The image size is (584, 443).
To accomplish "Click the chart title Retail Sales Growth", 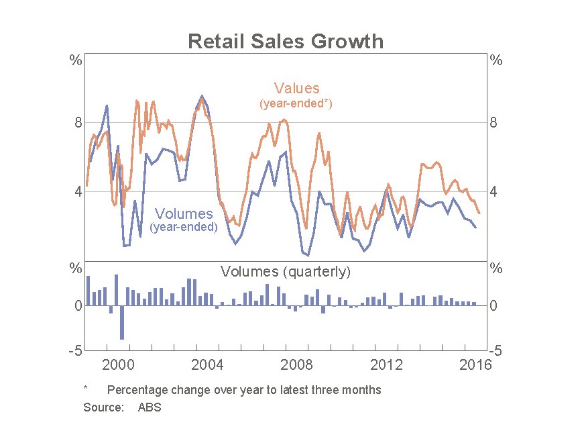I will coord(286,42).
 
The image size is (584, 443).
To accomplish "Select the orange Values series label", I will coord(296,88).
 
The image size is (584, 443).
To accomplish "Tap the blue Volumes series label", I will coord(184,214).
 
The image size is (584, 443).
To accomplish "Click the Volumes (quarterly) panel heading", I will coord(286,272).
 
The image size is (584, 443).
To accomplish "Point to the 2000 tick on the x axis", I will coord(119,364).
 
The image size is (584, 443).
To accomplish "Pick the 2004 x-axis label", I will coord(208,364).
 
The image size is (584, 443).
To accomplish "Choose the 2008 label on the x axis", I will coord(297,364).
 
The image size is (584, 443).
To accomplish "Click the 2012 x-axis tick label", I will coord(386,364).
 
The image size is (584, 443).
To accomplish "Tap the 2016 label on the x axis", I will coord(476,364).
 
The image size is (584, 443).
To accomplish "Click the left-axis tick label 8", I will coord(78,123).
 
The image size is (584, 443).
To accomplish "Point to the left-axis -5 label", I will coord(75,350).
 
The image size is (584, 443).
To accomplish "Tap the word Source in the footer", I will coord(103,407).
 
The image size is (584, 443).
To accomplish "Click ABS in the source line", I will coord(150,407).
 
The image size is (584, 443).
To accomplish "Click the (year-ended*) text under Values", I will coord(296,104).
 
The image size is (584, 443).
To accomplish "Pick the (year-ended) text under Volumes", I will coord(184,228).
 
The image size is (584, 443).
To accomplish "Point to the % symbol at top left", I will coord(76,60).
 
